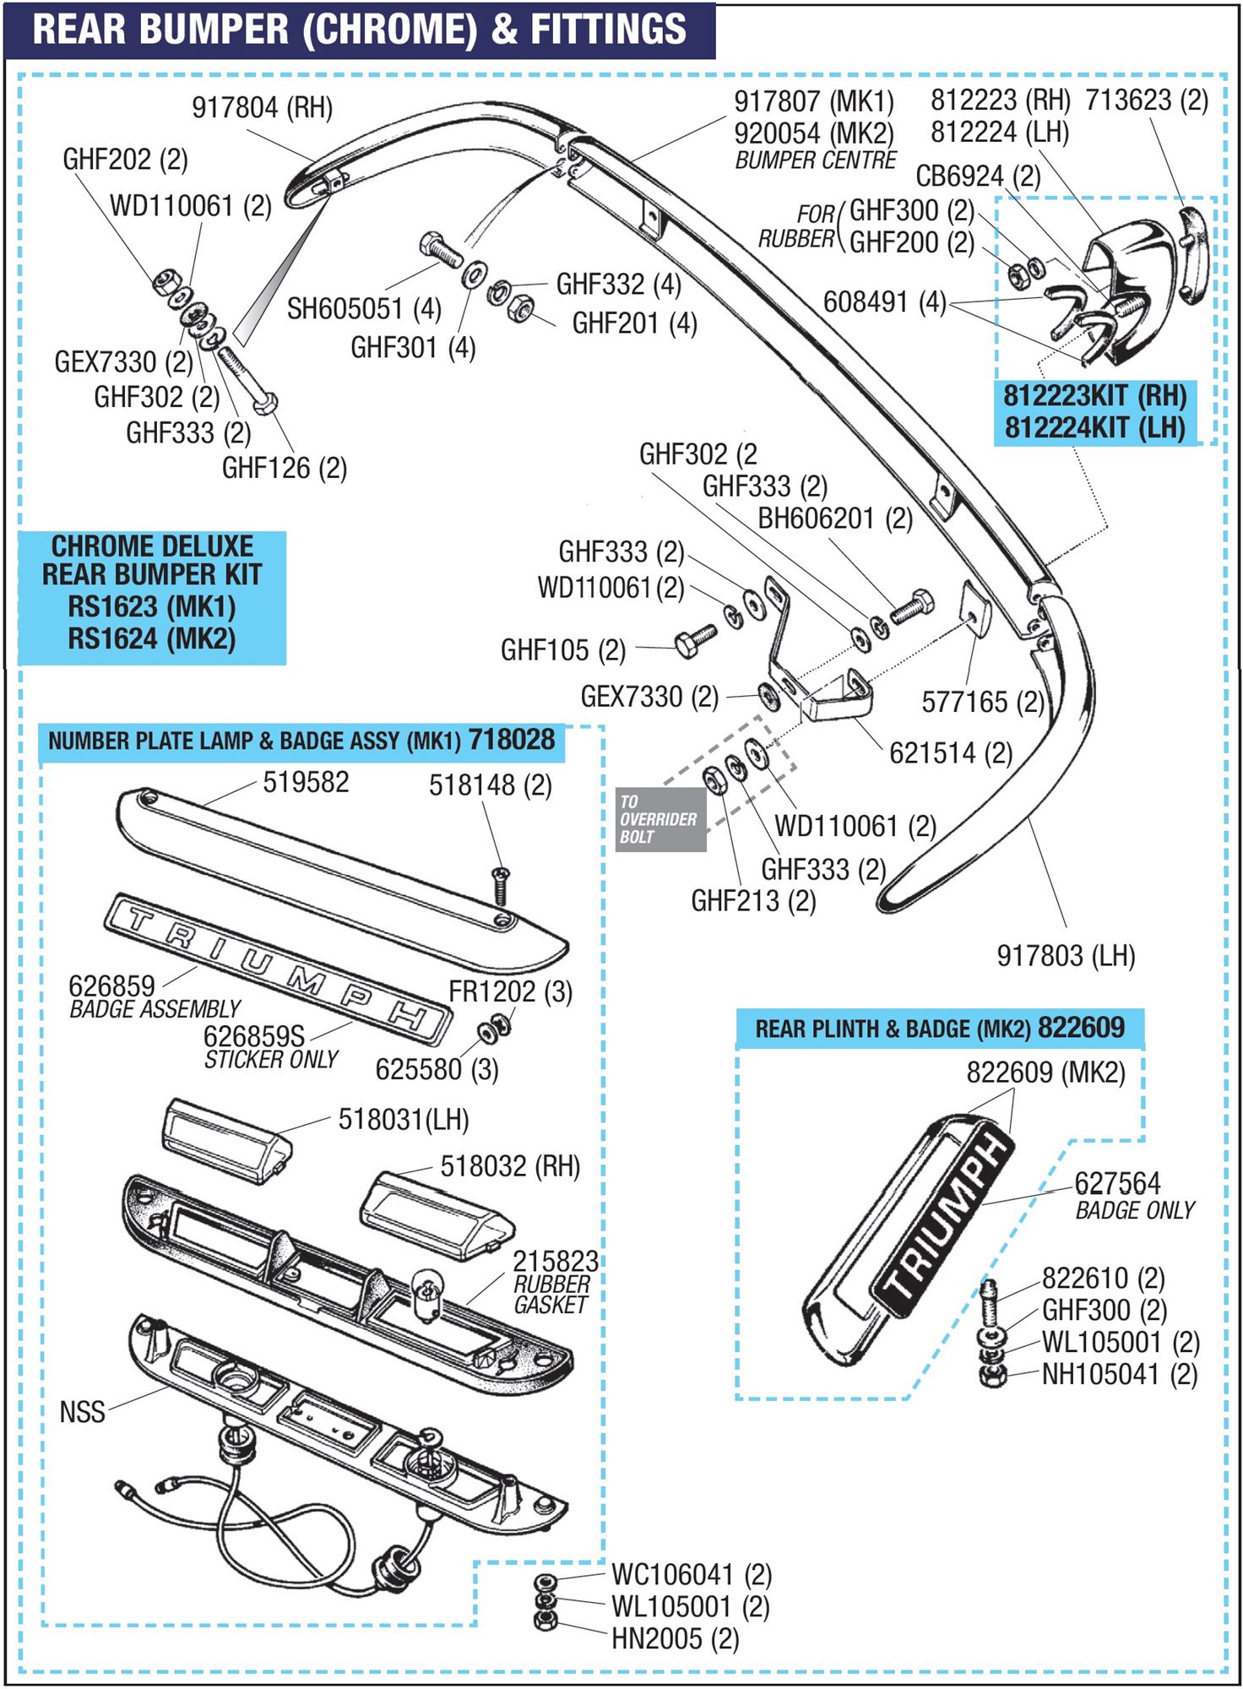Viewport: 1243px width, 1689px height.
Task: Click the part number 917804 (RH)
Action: click(262, 108)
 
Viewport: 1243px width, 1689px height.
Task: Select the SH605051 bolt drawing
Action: click(440, 250)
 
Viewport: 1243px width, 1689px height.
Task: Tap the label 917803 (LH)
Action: click(1065, 956)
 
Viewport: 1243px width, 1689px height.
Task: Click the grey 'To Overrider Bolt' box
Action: click(659, 819)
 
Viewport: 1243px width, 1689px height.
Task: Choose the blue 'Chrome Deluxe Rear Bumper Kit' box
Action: click(152, 598)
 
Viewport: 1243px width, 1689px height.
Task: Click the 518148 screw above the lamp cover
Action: click(501, 884)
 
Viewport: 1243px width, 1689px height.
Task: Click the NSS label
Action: click(82, 1412)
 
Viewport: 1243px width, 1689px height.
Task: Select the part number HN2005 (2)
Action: click(675, 1639)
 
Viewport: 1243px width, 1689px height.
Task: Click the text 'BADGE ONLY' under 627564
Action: click(1134, 1210)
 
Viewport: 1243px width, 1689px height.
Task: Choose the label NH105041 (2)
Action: click(1119, 1374)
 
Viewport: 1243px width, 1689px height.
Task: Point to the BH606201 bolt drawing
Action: click(912, 606)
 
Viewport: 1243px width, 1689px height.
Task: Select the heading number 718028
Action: click(512, 740)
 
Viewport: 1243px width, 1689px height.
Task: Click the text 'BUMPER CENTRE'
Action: click(815, 160)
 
